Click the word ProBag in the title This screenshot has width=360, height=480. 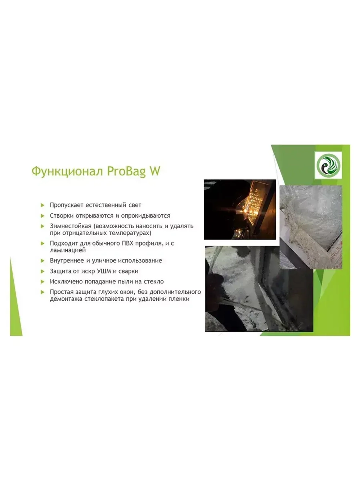tap(126, 171)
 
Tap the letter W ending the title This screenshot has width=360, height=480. tap(154, 171)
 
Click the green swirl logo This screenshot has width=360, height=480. tap(328, 165)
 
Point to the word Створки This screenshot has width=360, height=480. tap(62, 216)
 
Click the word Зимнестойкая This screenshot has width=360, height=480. tap(71, 226)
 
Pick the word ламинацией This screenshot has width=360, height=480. tap(68, 250)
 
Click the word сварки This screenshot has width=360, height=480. tap(128, 271)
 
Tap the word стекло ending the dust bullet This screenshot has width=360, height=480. tap(154, 282)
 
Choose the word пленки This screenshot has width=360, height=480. tap(179, 299)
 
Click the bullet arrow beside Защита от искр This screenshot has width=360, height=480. tap(42, 271)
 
